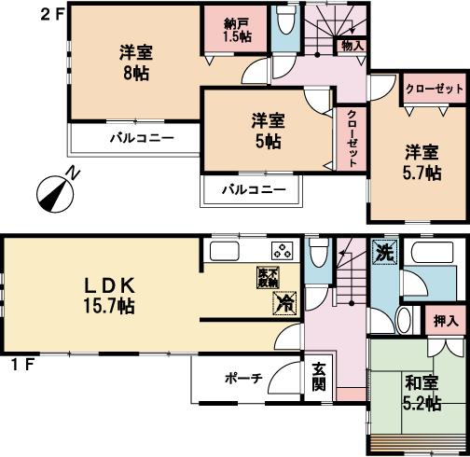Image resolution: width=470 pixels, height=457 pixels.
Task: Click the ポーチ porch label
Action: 243,380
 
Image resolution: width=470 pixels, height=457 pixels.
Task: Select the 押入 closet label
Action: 446,321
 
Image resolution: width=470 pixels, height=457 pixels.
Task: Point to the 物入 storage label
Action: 352,45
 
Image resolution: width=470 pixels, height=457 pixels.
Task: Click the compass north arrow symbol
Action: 55,191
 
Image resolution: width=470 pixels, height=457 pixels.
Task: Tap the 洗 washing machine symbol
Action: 382,251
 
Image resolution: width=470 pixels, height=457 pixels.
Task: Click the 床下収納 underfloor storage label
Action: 269,276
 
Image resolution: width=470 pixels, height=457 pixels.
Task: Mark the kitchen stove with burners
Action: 281,250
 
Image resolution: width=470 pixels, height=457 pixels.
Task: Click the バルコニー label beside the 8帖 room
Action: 136,139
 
